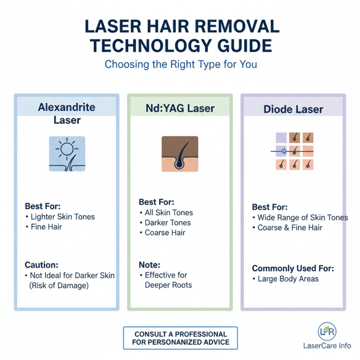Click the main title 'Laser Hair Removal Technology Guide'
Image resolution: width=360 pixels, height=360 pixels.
180,36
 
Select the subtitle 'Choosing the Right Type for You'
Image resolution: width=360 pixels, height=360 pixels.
180,64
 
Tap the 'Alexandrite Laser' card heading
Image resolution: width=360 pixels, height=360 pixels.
67,113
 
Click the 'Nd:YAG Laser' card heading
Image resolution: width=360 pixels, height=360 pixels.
180,108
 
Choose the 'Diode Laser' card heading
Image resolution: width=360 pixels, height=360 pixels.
293,109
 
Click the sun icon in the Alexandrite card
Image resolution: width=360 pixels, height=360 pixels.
67,153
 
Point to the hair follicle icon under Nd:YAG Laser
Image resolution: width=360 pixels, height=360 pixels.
180,153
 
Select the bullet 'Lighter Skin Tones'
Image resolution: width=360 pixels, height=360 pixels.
63,216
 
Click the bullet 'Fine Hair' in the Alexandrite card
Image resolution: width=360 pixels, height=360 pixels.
46,227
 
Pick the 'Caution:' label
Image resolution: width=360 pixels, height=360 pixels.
42,265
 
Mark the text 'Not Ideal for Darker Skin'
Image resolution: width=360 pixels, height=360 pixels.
72,275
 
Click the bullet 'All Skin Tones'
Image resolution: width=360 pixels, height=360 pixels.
169,212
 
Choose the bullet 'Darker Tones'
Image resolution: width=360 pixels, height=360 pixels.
167,223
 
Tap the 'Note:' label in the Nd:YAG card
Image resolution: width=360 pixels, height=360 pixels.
149,265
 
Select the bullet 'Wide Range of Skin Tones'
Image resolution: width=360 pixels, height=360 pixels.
302,217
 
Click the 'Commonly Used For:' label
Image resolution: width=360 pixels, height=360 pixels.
293,268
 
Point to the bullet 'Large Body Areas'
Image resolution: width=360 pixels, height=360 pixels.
288,279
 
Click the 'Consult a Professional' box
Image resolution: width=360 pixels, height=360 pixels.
180,338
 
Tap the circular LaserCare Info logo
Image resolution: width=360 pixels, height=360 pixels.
327,331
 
